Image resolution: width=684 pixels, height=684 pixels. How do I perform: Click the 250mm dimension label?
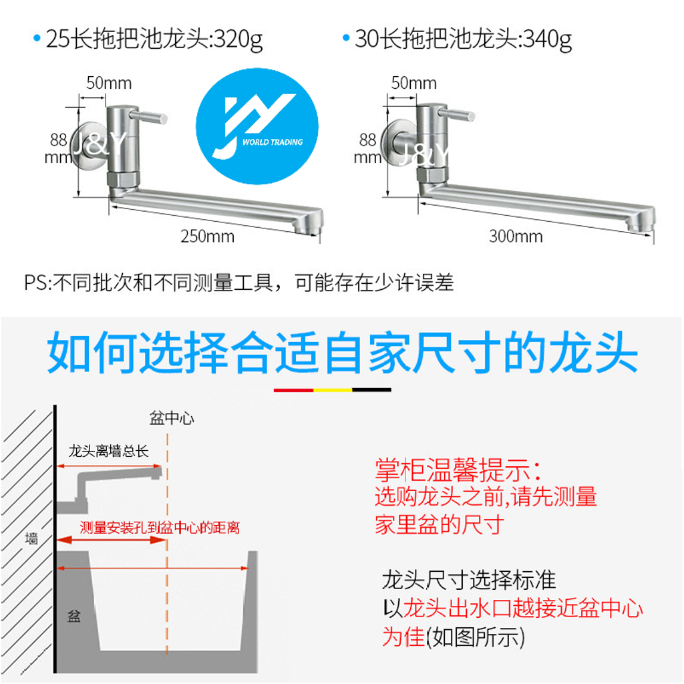tap(208, 236)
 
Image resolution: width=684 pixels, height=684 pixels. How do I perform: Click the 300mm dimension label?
tap(516, 236)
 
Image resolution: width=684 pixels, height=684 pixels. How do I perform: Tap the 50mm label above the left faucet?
tap(109, 83)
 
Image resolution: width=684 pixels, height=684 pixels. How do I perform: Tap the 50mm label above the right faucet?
tap(413, 83)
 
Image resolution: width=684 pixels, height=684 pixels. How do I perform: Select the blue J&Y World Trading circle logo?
tap(257, 126)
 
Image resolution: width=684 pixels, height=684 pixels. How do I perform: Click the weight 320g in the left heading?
tap(238, 39)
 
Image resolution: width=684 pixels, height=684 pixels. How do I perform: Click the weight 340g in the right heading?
tap(548, 39)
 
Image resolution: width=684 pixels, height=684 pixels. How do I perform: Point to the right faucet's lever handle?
tap(456, 115)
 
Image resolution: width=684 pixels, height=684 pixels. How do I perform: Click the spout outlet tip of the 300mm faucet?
tap(641, 224)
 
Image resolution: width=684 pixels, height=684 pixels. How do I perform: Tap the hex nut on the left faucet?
tap(123, 179)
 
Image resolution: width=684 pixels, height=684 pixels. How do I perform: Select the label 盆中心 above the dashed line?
tap(172, 418)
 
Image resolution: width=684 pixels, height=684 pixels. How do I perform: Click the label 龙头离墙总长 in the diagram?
tap(109, 451)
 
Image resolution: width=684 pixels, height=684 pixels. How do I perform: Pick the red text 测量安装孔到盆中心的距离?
tap(160, 528)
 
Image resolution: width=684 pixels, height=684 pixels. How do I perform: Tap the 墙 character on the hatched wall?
tap(31, 539)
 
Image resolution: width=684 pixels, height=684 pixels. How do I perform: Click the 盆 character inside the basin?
tap(73, 616)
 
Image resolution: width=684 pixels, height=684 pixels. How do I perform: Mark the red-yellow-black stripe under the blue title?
tap(333, 390)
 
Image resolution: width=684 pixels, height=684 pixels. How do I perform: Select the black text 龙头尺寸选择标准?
tap(469, 580)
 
